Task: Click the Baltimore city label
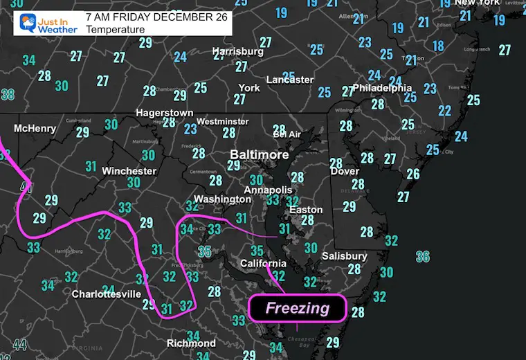point(260,155)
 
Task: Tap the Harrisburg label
point(238,52)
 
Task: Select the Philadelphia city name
point(383,89)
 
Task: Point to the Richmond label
point(192,343)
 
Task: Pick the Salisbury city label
point(343,257)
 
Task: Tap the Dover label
point(345,171)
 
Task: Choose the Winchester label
point(129,171)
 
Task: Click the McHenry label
point(35,129)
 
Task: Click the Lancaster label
point(290,80)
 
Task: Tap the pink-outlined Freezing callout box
point(298,308)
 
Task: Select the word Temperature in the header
point(116,30)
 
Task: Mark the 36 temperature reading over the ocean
point(422,257)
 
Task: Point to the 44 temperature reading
point(19,345)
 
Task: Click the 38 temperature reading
point(8,94)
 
